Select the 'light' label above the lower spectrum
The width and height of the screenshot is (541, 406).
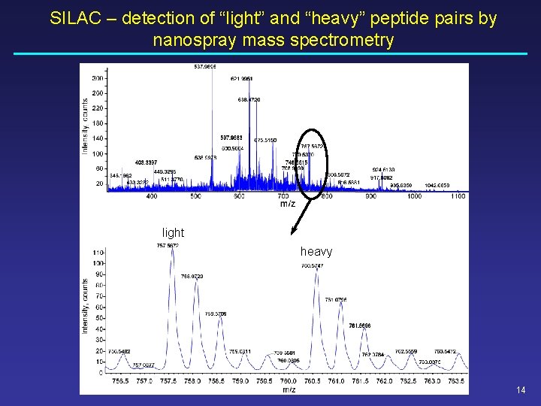coord(173,233)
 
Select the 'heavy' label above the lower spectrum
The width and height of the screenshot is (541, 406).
coord(316,252)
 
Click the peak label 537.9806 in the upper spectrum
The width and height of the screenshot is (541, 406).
coord(205,67)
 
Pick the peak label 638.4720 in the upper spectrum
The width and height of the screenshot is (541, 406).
coord(249,99)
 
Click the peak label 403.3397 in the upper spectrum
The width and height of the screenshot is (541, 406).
coord(146,162)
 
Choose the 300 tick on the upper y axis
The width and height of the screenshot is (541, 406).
coord(98,78)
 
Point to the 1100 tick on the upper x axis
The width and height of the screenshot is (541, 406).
coord(458,196)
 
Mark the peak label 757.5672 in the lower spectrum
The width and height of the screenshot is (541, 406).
coord(168,245)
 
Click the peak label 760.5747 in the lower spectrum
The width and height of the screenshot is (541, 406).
coord(312,265)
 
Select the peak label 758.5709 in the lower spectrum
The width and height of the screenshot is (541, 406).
coord(216,314)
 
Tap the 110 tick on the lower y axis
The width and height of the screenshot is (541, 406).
coord(98,253)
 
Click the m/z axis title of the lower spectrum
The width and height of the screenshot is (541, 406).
coord(289,389)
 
